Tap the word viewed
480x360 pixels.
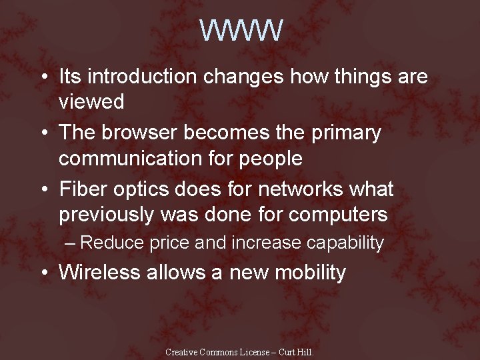tap(91, 102)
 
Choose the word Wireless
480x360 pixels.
tap(102, 272)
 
